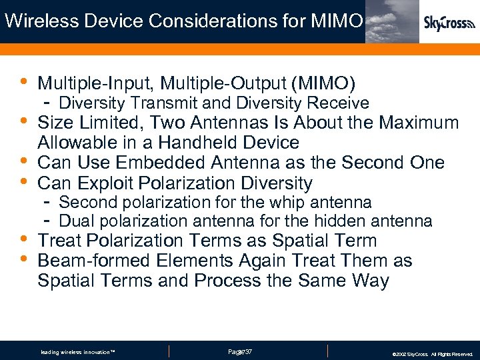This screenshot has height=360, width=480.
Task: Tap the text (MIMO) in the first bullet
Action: [x=323, y=83]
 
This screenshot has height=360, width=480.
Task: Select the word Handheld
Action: [x=208, y=143]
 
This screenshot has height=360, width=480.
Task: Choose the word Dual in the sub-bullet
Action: [x=75, y=221]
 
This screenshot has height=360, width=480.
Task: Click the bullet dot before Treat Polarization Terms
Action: [x=23, y=239]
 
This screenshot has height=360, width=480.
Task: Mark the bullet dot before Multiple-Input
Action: [x=23, y=82]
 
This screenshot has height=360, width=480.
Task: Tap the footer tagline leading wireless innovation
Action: [x=78, y=351]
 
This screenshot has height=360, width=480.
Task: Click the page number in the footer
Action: [x=239, y=351]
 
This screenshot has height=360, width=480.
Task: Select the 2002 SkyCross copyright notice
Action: [x=433, y=354]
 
